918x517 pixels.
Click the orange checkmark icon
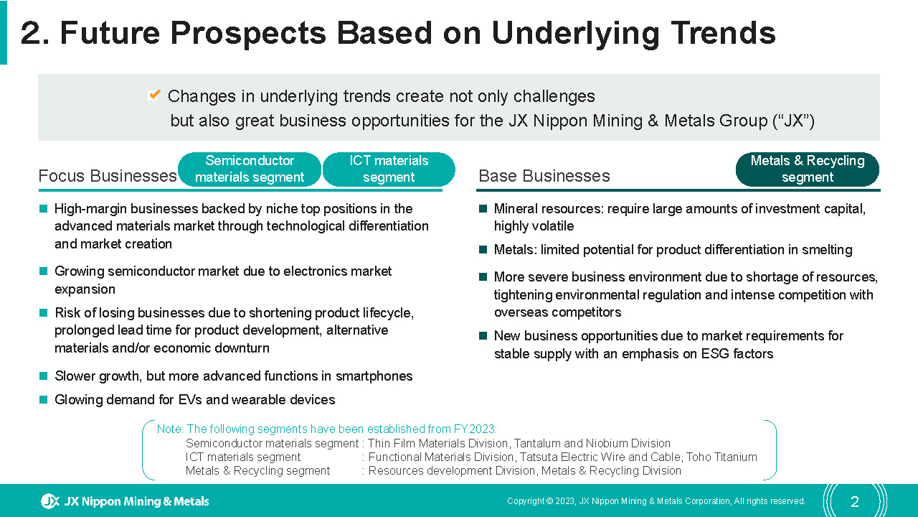154,96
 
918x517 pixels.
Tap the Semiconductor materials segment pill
250,169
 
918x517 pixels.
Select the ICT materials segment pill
389,169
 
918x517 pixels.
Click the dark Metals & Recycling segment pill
808,169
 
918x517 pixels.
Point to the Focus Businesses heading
108,176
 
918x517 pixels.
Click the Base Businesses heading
544,176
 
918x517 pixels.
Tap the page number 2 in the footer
854,501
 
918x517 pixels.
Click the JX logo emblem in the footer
50,501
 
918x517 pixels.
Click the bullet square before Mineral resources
483,209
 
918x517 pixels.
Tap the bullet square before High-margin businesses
43,209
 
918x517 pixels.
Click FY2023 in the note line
475,429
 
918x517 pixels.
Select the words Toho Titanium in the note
721,457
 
